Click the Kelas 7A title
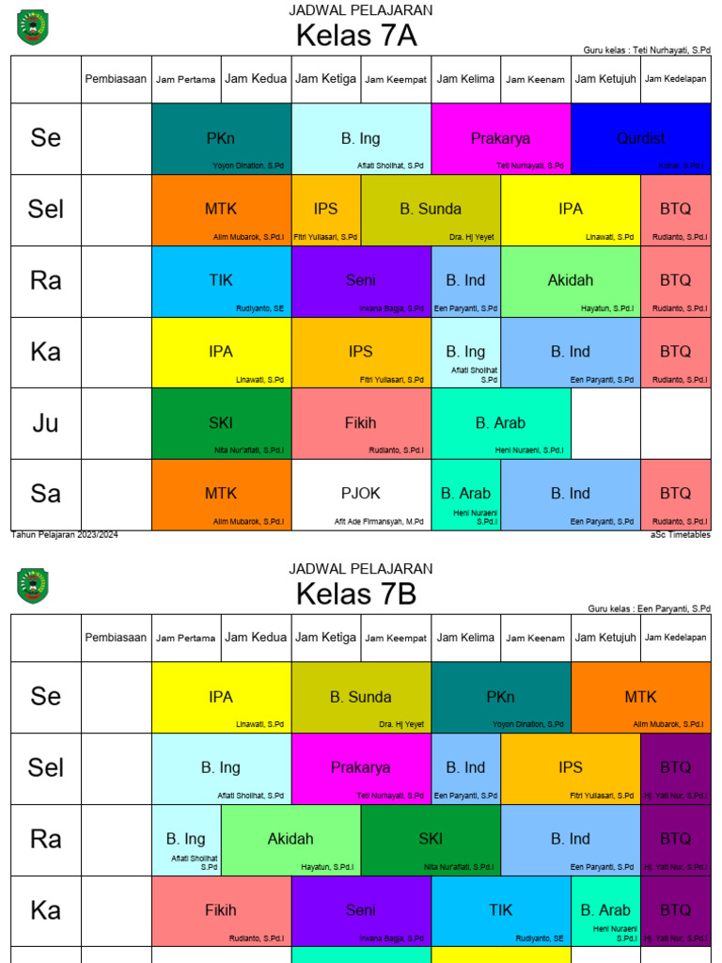coord(356,36)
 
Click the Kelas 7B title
coord(356,594)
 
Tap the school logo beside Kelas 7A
coord(33,27)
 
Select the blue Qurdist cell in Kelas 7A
coord(640,139)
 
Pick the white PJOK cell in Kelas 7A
coord(361,494)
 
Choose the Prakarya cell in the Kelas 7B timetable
coord(361,768)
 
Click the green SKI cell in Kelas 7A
coord(221,423)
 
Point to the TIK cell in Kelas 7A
coord(221,281)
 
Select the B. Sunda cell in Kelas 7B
coord(361,698)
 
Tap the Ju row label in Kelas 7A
coord(46,423)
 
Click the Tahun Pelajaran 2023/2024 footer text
coord(65,535)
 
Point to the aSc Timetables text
coord(680,535)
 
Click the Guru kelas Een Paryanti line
coord(649,608)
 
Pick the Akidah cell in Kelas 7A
coord(571,281)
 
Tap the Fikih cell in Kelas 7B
coord(221,910)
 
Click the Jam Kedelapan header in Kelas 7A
coord(676,79)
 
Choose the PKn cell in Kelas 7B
coord(501,698)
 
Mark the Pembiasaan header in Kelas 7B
coord(116,638)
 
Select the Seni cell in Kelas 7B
coord(361,910)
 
